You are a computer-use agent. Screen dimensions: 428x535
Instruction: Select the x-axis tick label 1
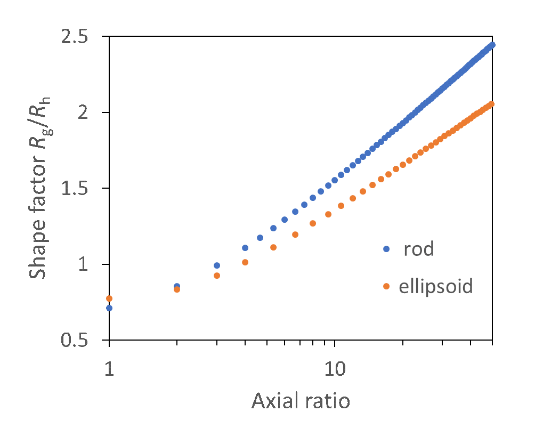[x=109, y=368]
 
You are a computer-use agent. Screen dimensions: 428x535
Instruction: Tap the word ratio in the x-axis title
[x=328, y=401]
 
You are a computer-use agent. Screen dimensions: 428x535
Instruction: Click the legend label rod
[x=419, y=249]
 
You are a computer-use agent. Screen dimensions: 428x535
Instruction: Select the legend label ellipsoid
[x=436, y=287]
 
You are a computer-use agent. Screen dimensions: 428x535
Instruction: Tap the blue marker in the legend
[x=386, y=249]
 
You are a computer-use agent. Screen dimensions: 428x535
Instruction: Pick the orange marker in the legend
[x=386, y=287]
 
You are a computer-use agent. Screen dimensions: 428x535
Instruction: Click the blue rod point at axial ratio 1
[x=109, y=308]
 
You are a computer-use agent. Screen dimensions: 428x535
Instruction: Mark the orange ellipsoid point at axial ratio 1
[x=109, y=298]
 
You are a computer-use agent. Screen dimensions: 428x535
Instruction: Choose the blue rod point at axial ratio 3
[x=217, y=265]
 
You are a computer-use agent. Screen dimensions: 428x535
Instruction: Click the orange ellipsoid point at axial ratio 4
[x=245, y=262]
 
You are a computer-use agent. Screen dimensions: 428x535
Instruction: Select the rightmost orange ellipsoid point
[x=491, y=104]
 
